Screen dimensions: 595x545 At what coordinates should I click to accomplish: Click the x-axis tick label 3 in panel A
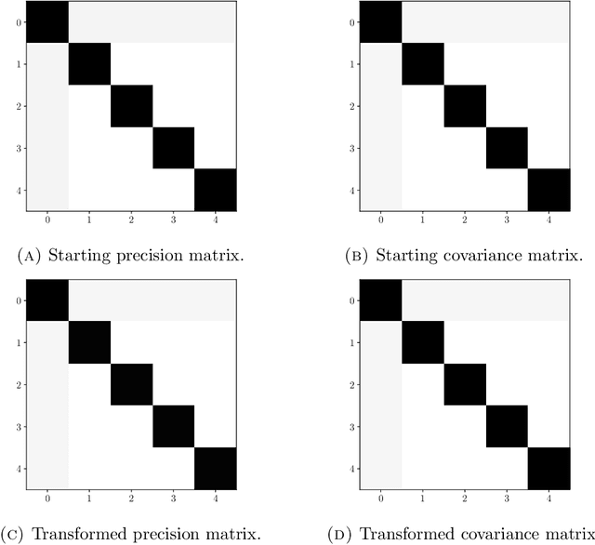pos(173,220)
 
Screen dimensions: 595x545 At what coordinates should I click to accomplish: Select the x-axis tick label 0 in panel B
pos(380,220)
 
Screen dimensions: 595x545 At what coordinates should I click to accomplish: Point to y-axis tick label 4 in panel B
pos(352,191)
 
